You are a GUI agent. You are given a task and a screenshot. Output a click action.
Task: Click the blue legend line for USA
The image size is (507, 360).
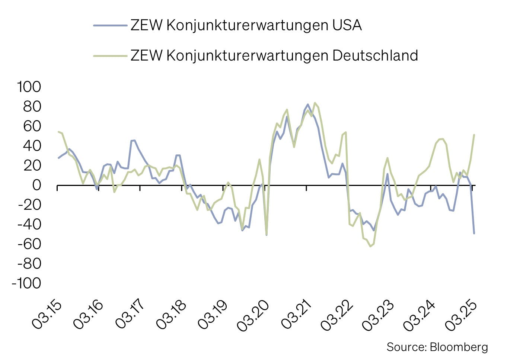[110, 25]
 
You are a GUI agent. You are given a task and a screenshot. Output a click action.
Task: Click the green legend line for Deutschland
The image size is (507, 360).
[110, 56]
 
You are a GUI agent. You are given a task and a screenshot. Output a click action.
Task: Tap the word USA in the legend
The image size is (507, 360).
[346, 25]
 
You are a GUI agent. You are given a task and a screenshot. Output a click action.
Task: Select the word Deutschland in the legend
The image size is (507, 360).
[375, 56]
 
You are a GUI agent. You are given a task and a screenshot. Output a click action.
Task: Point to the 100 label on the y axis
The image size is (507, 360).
[29, 87]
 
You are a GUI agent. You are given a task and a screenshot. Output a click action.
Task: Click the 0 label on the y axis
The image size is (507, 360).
[36, 185]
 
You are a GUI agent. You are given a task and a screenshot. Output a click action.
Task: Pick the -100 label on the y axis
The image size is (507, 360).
[26, 283]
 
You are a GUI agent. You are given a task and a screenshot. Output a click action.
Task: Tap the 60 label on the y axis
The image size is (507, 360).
[32, 126]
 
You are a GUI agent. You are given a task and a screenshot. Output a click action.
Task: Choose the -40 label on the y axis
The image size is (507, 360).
[29, 224]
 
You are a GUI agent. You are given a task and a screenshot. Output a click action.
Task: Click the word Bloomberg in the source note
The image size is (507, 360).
[459, 347]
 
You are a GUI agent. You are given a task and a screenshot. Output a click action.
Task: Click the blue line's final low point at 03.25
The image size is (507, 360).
[474, 233]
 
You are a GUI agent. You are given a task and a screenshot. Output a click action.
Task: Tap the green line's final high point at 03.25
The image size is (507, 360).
[474, 135]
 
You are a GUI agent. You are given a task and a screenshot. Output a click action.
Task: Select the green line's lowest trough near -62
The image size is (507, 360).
[370, 246]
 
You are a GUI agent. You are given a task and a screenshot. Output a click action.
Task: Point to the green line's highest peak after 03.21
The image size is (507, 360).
[315, 103]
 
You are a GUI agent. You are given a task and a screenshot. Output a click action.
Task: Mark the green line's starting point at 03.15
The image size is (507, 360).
[58, 132]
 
